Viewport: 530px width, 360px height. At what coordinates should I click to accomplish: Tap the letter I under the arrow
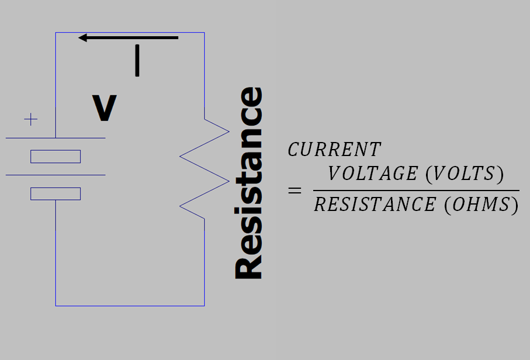[137, 61]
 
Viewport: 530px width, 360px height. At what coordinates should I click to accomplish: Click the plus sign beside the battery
[30, 120]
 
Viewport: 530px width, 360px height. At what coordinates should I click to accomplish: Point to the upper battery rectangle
[56, 157]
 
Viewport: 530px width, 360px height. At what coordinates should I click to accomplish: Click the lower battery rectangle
[56, 193]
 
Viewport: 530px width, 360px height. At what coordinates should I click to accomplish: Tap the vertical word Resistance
[249, 183]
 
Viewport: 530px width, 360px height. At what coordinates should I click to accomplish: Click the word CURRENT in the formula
[334, 150]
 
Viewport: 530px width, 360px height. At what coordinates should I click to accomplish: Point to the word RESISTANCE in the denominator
[375, 205]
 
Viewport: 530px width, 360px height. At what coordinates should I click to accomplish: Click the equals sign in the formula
[295, 191]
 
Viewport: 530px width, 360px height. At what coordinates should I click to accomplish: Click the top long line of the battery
[56, 138]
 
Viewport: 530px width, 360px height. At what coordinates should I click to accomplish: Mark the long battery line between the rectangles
[56, 175]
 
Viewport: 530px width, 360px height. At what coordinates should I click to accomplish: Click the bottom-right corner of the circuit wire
[205, 306]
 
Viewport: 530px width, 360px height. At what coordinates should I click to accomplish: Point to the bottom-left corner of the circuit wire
[56, 306]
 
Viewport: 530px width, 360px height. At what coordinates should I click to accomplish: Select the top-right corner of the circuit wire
[205, 33]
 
